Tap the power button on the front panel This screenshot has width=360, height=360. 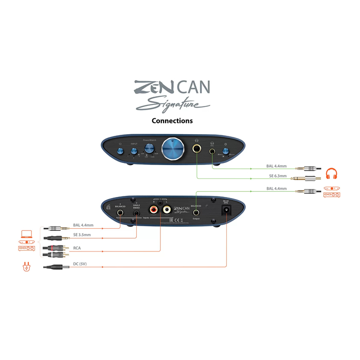120,151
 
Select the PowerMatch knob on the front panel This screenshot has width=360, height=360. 149,149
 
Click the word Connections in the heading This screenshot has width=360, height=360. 172,121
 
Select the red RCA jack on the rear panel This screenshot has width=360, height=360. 154,209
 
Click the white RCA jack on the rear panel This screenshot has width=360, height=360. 167,209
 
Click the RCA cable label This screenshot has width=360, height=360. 77,248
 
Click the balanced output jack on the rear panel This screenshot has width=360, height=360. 196,211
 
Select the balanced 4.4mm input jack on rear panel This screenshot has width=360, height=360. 121,211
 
